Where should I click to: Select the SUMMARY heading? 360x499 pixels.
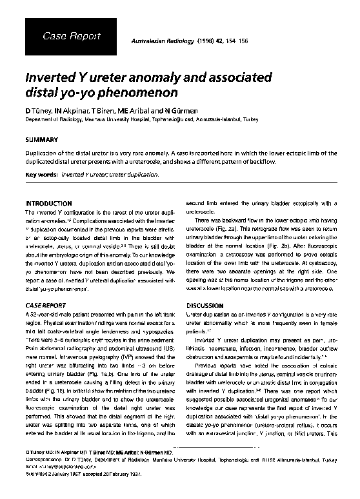point(41,139)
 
